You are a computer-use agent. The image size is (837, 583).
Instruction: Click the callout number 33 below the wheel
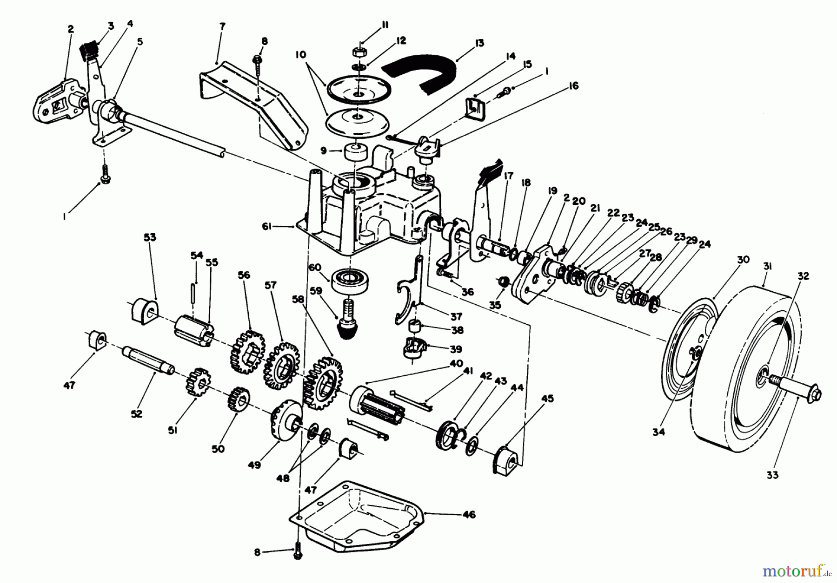pyautogui.click(x=774, y=475)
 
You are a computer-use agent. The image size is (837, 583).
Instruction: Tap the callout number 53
pyautogui.click(x=149, y=237)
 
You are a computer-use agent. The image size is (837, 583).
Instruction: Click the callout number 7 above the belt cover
pyautogui.click(x=222, y=26)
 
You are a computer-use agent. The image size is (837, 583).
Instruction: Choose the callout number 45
pyautogui.click(x=547, y=399)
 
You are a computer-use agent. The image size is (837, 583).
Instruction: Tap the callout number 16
pyautogui.click(x=573, y=86)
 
